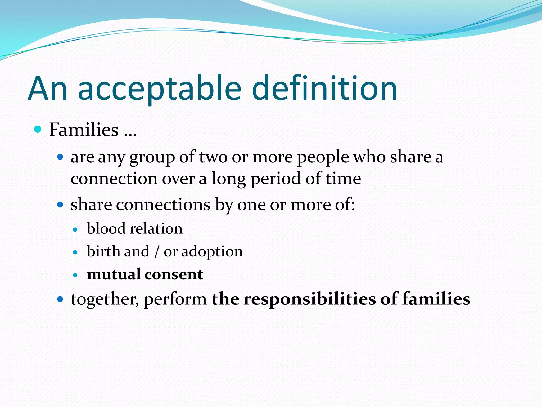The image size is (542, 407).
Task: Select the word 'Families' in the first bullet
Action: click(x=84, y=130)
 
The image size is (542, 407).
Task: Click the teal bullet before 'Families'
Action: click(x=38, y=129)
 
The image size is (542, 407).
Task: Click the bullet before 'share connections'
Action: click(x=60, y=205)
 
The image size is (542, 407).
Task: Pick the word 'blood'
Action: click(x=106, y=228)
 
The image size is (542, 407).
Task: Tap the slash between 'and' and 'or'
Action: click(x=157, y=251)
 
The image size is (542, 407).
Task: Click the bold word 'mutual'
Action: click(x=114, y=274)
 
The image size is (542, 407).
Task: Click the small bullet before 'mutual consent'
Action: click(x=75, y=275)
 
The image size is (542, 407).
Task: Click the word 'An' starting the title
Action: click(x=48, y=89)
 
